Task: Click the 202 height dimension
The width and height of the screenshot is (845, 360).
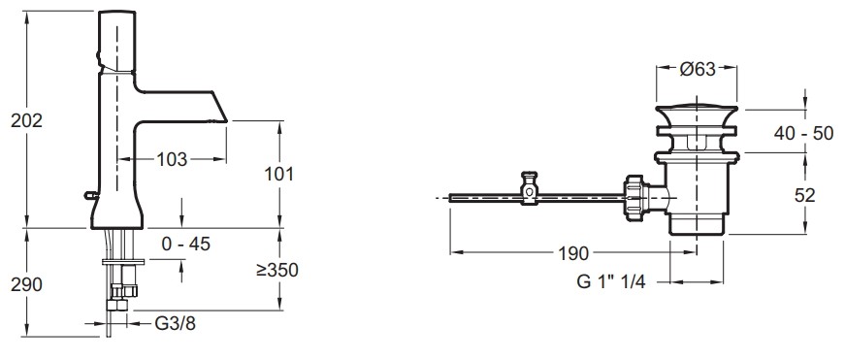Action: (26, 121)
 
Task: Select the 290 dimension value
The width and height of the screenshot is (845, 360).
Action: (26, 284)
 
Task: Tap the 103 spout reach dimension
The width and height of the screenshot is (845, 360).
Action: (172, 159)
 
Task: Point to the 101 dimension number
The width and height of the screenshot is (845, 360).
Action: (278, 174)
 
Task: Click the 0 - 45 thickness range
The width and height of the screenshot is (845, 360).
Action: (186, 245)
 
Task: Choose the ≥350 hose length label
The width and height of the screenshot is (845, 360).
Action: (277, 270)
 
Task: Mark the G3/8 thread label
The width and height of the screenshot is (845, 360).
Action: (176, 324)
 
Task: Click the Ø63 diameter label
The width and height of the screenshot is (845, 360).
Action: (697, 69)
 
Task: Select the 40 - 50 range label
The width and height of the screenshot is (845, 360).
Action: (804, 133)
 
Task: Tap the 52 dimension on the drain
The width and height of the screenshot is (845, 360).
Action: (805, 195)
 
